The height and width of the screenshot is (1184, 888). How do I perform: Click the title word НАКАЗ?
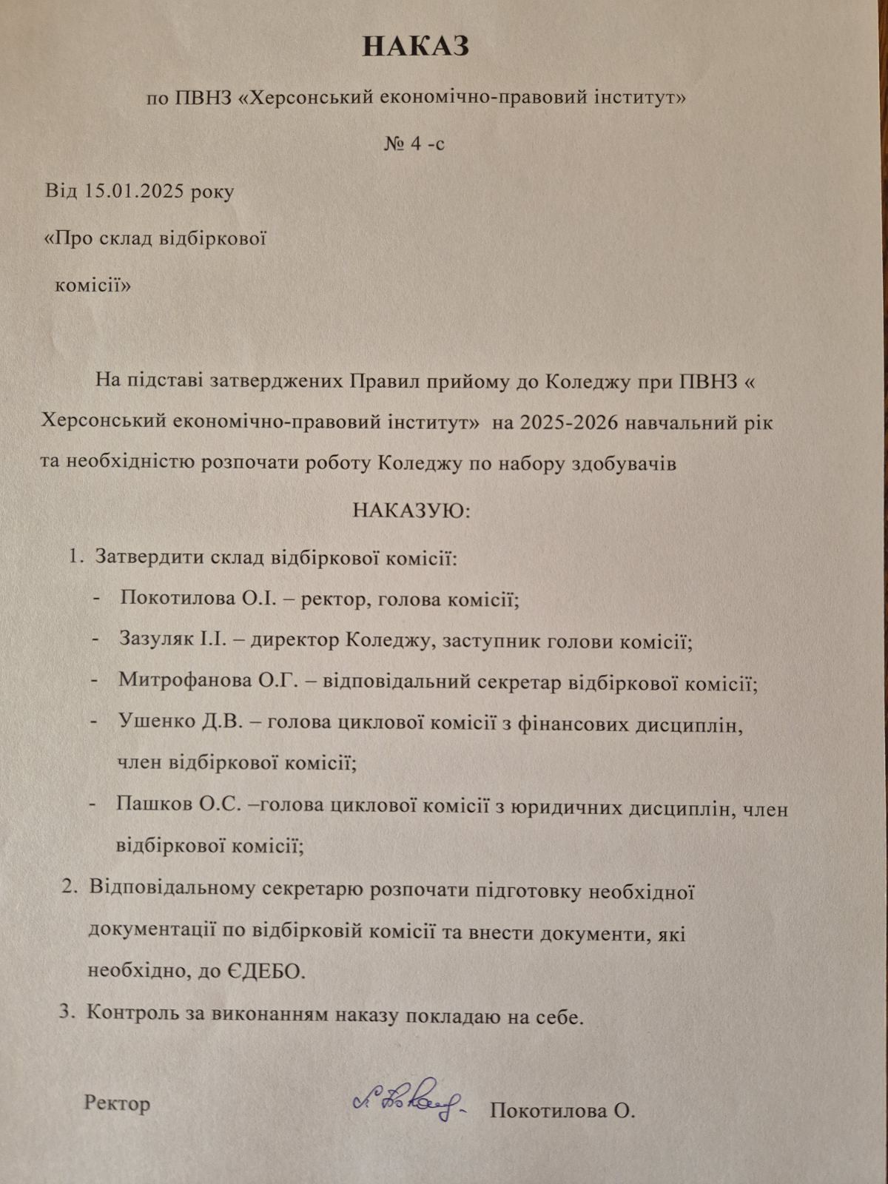tap(416, 47)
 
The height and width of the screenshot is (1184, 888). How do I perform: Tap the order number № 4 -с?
tap(414, 143)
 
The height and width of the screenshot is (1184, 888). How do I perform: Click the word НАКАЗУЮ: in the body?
tap(411, 511)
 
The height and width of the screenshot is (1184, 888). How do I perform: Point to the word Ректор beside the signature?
tap(117, 1103)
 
